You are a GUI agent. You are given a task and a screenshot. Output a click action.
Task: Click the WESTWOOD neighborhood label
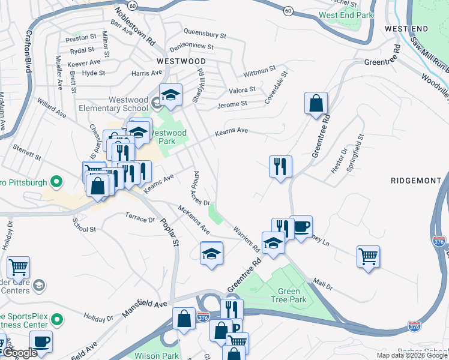(181, 61)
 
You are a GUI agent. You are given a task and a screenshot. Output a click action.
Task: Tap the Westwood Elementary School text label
(120, 104)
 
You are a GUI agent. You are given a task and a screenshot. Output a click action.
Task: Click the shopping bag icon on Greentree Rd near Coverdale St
(316, 104)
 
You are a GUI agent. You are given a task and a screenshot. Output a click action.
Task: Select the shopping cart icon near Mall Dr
(368, 257)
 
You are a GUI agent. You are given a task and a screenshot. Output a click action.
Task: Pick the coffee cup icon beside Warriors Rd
(301, 227)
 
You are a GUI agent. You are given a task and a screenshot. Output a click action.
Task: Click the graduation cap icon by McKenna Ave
(211, 254)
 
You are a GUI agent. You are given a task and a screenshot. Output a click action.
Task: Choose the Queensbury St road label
(205, 35)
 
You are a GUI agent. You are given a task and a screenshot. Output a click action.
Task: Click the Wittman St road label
(259, 72)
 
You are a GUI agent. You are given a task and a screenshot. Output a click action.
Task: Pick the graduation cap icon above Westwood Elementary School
(170, 94)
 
